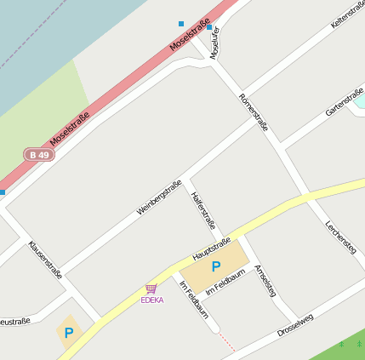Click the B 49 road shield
click(x=38, y=155)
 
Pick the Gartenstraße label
click(x=344, y=103)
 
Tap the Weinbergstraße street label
click(x=159, y=198)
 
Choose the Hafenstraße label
click(x=204, y=211)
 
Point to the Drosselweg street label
click(x=295, y=325)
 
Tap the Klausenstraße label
click(x=46, y=260)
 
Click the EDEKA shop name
click(x=152, y=300)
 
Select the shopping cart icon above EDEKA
click(x=151, y=289)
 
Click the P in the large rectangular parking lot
click(x=216, y=266)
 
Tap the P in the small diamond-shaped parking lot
click(x=68, y=333)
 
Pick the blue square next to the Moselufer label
click(x=209, y=27)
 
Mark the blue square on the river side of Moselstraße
click(x=180, y=23)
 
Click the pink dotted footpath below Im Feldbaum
click(x=225, y=342)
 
